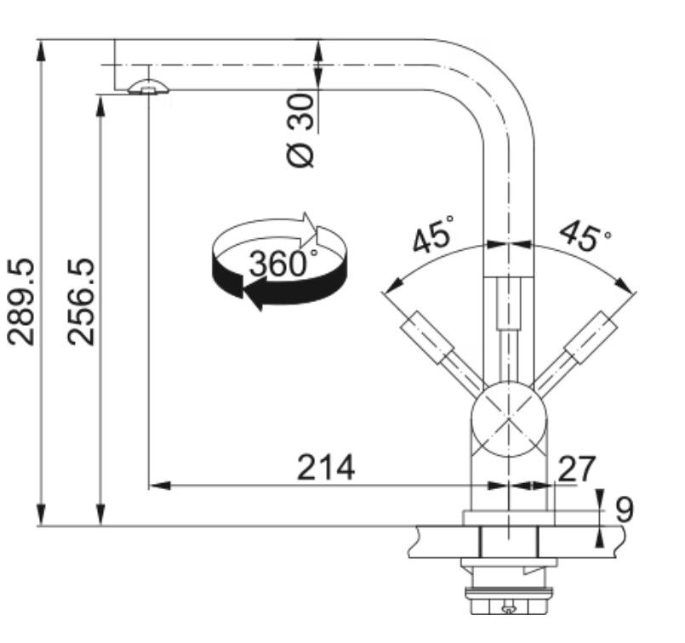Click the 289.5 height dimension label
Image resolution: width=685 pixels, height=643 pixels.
pyautogui.click(x=21, y=302)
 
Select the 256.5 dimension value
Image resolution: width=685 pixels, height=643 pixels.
pyautogui.click(x=81, y=302)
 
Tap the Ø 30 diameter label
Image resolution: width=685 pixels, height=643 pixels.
pyautogui.click(x=300, y=130)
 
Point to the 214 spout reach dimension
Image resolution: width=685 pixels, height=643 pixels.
pyautogui.click(x=326, y=468)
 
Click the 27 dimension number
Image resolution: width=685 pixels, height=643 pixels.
pyautogui.click(x=577, y=469)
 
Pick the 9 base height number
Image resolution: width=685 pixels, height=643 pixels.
pyautogui.click(x=625, y=509)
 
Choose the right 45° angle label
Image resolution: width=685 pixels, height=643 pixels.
pyautogui.click(x=585, y=235)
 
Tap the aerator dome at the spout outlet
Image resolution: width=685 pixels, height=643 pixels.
pyautogui.click(x=148, y=87)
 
